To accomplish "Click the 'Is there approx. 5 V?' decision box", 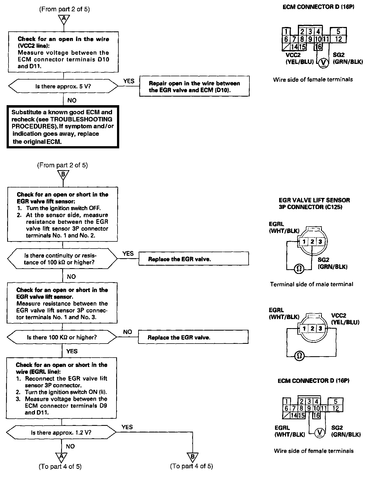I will (x=63, y=86).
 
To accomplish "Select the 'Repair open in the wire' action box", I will (x=194, y=86).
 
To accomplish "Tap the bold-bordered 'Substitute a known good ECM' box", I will (x=63, y=127).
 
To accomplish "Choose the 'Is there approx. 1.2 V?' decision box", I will (x=61, y=432).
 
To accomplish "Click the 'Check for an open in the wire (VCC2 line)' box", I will (x=64, y=52).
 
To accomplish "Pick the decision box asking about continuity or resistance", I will (x=62, y=259).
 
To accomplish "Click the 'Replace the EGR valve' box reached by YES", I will (x=194, y=259).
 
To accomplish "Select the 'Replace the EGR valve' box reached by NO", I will (x=193, y=337).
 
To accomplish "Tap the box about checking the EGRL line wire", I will (x=62, y=388).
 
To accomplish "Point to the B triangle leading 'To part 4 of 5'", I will (x=192, y=457).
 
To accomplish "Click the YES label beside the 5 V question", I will (x=129, y=81).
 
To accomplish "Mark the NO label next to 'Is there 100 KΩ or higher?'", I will (x=127, y=332).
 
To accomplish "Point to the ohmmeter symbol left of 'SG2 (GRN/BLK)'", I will (x=299, y=268).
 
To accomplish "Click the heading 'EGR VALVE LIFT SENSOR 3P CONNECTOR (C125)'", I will (x=314, y=203).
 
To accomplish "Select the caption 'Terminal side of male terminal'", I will (x=311, y=284).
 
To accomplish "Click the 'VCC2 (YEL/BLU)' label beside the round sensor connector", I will (x=345, y=319).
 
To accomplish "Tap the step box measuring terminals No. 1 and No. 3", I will (x=62, y=303).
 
